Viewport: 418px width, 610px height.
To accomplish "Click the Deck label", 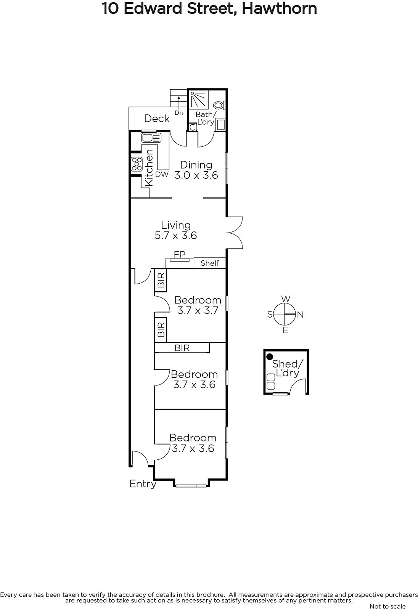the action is [x=157, y=119].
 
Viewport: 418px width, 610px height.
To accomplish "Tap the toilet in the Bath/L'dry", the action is [x=219, y=105].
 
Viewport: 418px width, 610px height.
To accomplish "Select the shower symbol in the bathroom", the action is [x=199, y=100].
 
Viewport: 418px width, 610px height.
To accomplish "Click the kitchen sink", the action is [x=151, y=138].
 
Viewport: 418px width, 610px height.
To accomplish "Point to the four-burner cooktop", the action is [x=137, y=164].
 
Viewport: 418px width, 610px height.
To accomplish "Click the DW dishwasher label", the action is [x=162, y=175].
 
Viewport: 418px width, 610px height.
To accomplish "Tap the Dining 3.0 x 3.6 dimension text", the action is [x=196, y=175].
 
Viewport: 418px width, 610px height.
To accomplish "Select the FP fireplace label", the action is [x=180, y=254].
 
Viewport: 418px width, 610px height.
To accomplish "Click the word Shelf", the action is [x=209, y=263].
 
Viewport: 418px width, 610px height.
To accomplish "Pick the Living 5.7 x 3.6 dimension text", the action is [x=176, y=236].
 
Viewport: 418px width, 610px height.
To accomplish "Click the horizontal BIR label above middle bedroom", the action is [x=182, y=348].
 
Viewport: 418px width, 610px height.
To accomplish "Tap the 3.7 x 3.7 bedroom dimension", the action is [x=198, y=310].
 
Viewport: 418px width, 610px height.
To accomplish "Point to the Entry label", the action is [x=143, y=484].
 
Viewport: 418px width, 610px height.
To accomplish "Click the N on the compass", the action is [x=300, y=315].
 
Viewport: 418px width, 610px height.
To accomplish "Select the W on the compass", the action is [x=286, y=299].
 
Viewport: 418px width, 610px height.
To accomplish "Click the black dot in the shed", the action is [x=270, y=357].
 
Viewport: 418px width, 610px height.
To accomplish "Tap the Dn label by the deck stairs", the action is [x=179, y=113].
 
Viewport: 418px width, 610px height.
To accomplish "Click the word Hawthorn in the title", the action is [x=279, y=8].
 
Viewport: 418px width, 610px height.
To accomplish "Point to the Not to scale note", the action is [x=387, y=606].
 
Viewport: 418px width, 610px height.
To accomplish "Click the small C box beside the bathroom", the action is [x=193, y=127].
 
